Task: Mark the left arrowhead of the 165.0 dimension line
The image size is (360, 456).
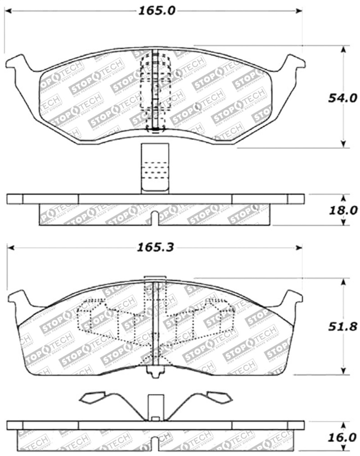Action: coord(9,11)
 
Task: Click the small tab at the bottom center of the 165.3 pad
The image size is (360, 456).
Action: coord(156,373)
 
